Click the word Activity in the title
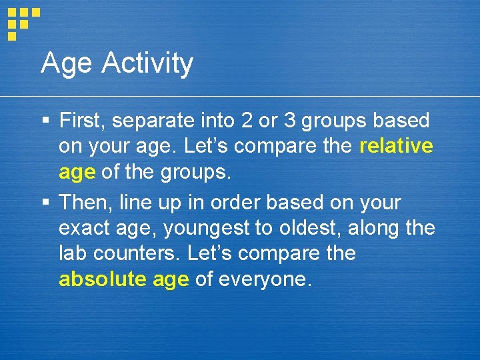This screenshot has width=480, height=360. pos(147,64)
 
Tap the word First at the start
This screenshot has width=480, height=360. pos(82,121)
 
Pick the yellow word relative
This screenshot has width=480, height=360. pos(396,146)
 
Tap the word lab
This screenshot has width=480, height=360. pos(72,254)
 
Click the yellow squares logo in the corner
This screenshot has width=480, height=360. pos(23,21)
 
